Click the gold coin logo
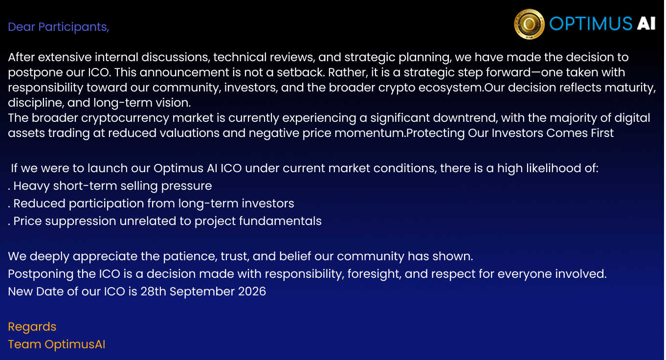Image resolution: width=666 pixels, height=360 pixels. [529, 24]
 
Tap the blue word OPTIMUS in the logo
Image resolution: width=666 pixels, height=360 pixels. [591, 23]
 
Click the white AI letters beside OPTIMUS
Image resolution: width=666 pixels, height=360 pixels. [646, 23]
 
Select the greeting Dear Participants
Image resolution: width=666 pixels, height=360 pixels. [59, 27]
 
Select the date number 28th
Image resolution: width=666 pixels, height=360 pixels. [153, 292]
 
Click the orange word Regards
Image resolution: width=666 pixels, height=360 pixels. [32, 327]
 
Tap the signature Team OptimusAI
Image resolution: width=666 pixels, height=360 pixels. [57, 344]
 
